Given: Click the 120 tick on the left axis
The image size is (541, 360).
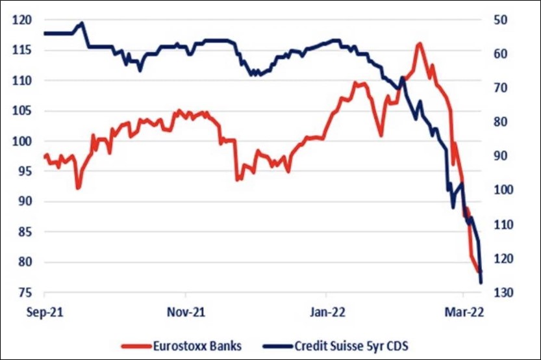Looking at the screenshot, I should pyautogui.click(x=21, y=20).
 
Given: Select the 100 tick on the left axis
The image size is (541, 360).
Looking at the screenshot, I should pyautogui.click(x=21, y=142).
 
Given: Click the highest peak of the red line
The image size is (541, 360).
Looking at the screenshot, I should pyautogui.click(x=420, y=44).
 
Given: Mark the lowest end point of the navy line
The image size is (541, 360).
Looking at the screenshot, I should pyautogui.click(x=481, y=282).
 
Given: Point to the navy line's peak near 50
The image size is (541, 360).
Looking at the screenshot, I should pyautogui.click(x=82, y=23).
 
